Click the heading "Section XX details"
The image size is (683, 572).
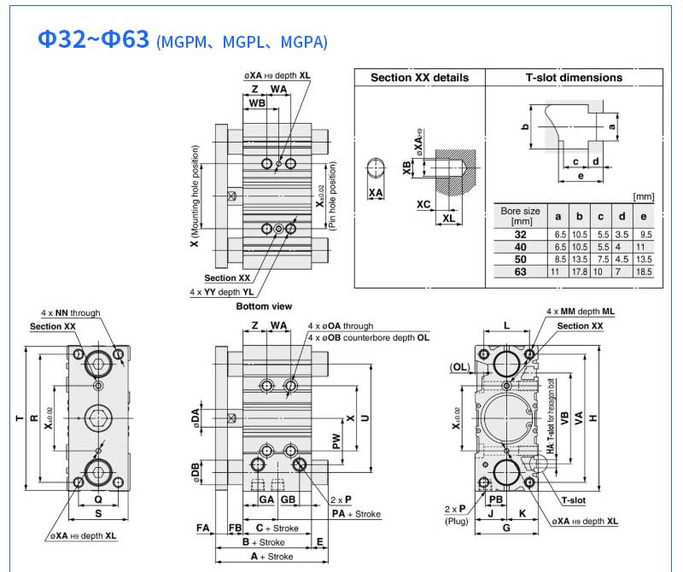[x=419, y=78]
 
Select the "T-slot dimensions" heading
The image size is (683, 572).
[x=574, y=78]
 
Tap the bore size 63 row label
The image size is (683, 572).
[x=520, y=271]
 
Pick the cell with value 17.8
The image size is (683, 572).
[x=580, y=271]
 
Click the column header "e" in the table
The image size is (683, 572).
[x=644, y=217]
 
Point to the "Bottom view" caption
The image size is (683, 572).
[x=264, y=306]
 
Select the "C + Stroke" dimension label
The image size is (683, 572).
[x=277, y=528]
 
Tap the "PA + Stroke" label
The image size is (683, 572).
[x=357, y=514]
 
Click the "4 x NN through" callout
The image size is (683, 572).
[x=70, y=313]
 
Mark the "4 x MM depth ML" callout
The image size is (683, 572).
[x=580, y=312]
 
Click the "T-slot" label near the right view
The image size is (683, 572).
[x=572, y=499]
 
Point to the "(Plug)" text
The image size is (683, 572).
[x=457, y=520]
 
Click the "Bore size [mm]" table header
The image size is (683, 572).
[x=520, y=216]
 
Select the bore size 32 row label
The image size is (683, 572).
[x=520, y=233]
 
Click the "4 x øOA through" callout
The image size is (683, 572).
[x=341, y=326]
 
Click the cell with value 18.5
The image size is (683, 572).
[x=644, y=271]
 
